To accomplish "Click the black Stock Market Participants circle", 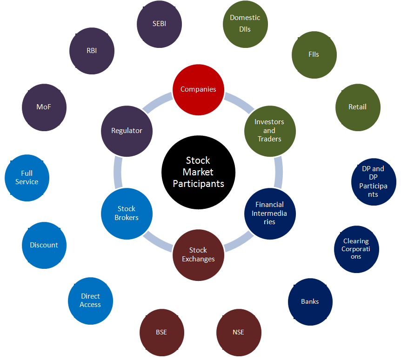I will (x=198, y=172).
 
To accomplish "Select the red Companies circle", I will (x=198, y=89).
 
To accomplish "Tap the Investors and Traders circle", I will (x=269, y=130).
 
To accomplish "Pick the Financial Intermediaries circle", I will (x=269, y=213).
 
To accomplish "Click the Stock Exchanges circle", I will (x=198, y=254).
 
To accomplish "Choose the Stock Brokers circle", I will (x=127, y=213).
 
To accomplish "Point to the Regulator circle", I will (x=127, y=131).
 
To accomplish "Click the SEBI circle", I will (x=160, y=24).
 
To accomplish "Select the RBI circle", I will (x=92, y=51).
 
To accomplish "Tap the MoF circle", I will (x=44, y=107).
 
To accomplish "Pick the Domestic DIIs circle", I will (x=245, y=24).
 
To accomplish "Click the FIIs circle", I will (x=314, y=54).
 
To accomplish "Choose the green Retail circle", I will (x=357, y=107).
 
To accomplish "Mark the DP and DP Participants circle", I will (x=373, y=181).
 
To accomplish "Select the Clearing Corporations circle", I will (x=356, y=249).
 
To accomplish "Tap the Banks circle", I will (x=310, y=301).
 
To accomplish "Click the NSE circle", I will (x=238, y=332).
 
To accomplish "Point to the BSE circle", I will (x=161, y=332).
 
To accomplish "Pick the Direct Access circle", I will (x=90, y=300).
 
